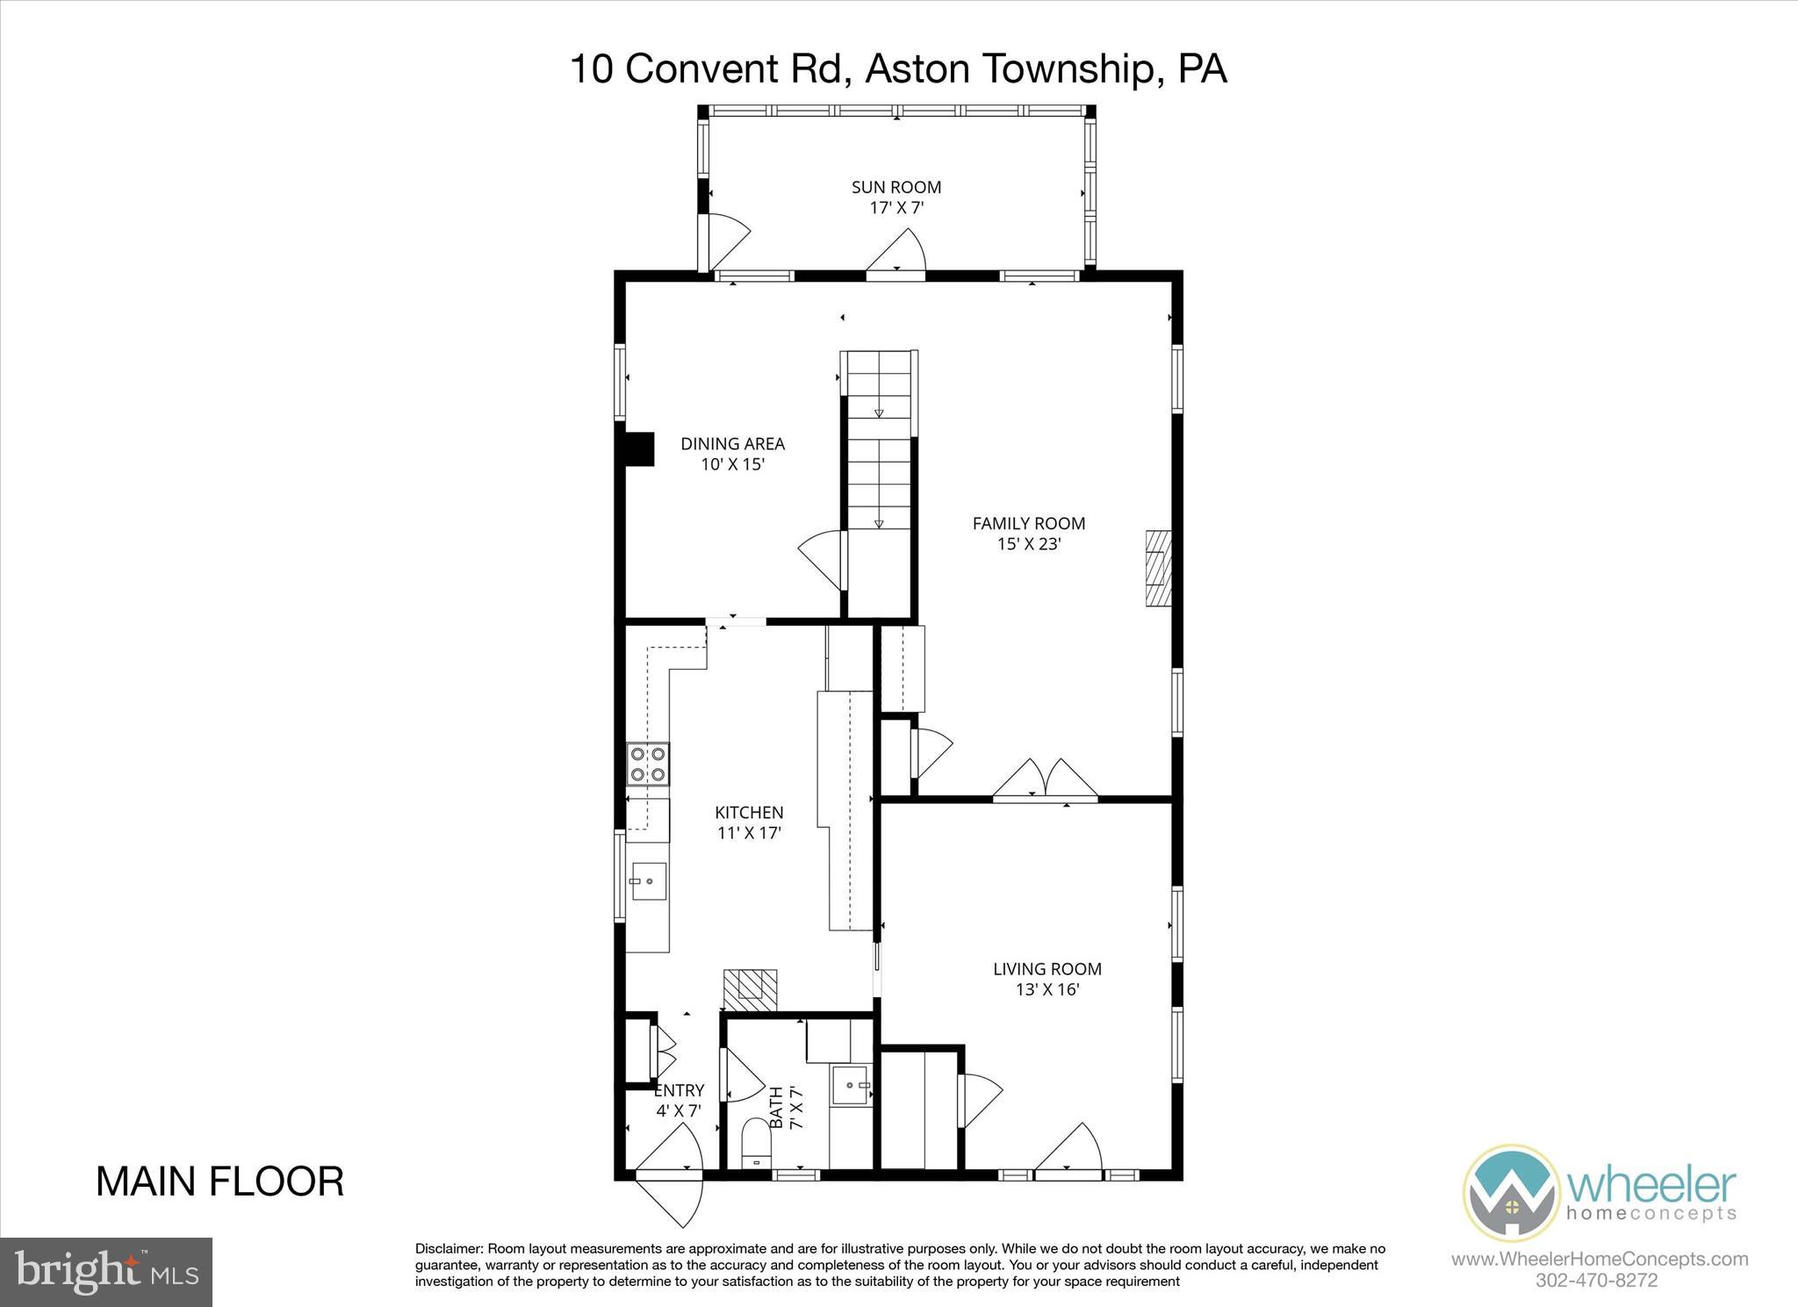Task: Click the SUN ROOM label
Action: click(x=895, y=187)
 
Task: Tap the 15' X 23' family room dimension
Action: click(x=1029, y=544)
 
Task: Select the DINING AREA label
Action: click(x=732, y=444)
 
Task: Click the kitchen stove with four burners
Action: click(x=647, y=764)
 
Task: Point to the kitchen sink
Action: click(x=648, y=881)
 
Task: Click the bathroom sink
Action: click(x=851, y=1085)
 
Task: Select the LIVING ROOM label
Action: click(x=1046, y=969)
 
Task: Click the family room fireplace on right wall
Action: click(x=1158, y=568)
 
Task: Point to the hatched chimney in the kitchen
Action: click(x=751, y=990)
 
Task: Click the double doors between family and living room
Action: click(x=1045, y=779)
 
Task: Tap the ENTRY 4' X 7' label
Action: click(x=679, y=1100)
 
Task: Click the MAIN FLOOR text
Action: click(x=219, y=1181)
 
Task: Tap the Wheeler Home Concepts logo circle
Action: click(x=1510, y=1192)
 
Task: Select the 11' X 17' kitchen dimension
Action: click(x=749, y=833)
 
